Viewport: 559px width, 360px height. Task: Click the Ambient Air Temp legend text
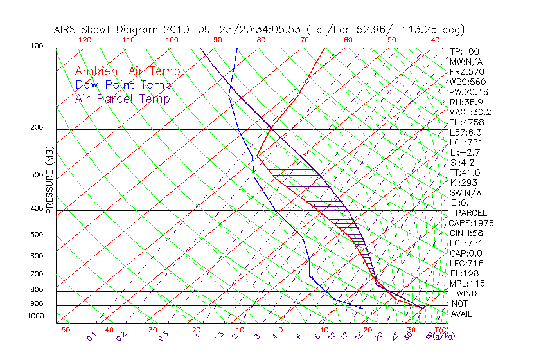[127, 71]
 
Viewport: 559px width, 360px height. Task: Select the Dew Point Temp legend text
[123, 85]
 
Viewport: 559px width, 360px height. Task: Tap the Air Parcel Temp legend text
[122, 98]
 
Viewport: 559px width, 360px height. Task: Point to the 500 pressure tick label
[37, 235]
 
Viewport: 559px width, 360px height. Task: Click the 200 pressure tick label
[37, 127]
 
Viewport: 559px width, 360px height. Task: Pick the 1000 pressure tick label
[35, 316]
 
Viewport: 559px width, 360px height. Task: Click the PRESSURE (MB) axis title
[50, 184]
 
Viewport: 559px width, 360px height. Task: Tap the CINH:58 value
[466, 233]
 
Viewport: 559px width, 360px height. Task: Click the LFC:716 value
[466, 263]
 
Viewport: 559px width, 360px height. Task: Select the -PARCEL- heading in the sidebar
[471, 213]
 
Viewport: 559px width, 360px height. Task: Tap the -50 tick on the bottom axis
[62, 330]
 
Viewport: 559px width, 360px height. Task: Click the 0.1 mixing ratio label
[92, 335]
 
